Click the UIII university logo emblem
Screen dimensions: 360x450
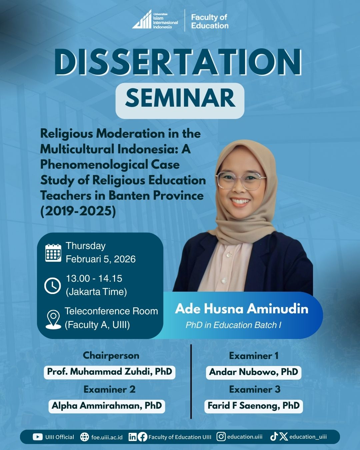142,19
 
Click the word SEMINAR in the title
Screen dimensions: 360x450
180,98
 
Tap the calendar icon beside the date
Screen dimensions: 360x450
53,253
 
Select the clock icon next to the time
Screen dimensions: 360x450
53,286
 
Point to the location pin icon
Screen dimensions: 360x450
53,320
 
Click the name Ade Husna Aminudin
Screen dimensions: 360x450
242,309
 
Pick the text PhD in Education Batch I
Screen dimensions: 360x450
233,325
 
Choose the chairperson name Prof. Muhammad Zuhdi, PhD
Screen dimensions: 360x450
110,371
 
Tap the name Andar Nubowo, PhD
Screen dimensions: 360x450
254,372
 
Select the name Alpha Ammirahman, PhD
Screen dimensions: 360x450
107,405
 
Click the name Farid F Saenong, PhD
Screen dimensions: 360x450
254,405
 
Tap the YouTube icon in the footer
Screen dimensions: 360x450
38,437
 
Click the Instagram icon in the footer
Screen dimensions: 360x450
221,437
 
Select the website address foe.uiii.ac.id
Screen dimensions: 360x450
107,437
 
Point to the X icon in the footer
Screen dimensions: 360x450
283,437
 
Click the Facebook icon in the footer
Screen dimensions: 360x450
142,437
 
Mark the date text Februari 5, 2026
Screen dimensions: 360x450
101,259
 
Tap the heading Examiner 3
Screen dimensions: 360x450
255,389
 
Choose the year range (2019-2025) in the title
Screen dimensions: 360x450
78,211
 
